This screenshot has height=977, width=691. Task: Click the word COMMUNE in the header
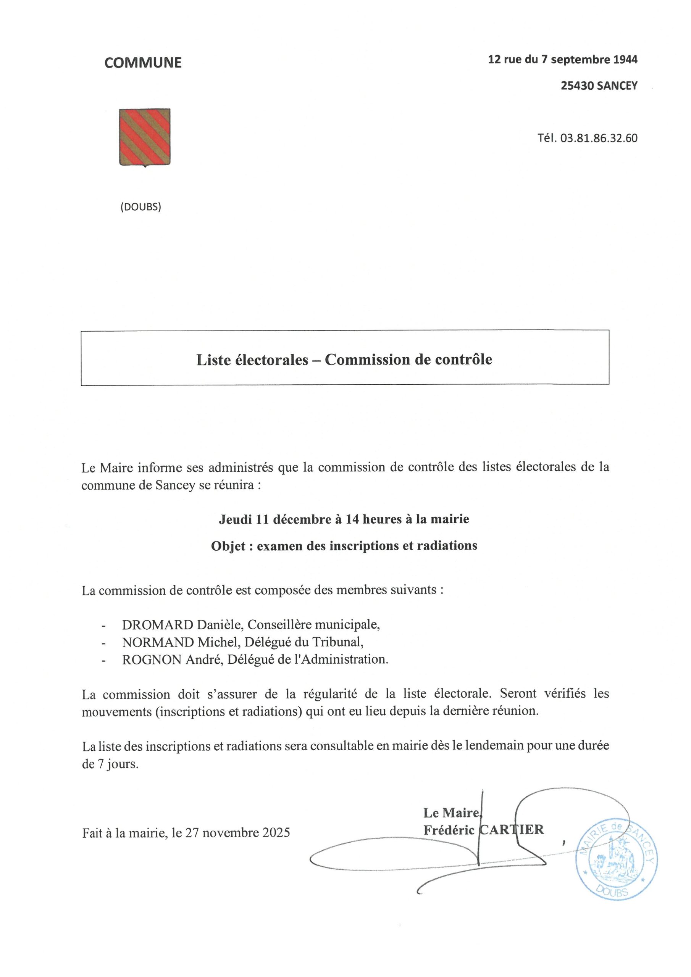(143, 63)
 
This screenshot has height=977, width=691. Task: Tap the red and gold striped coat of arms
(145, 137)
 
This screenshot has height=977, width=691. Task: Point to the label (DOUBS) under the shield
(140, 207)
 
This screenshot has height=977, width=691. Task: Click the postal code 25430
(577, 86)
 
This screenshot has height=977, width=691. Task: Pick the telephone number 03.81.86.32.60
(599, 138)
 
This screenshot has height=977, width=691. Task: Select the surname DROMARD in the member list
(158, 625)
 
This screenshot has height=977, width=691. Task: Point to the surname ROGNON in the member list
(152, 659)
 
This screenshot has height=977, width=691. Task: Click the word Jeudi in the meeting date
(235, 519)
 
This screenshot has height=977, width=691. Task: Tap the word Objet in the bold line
(228, 546)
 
